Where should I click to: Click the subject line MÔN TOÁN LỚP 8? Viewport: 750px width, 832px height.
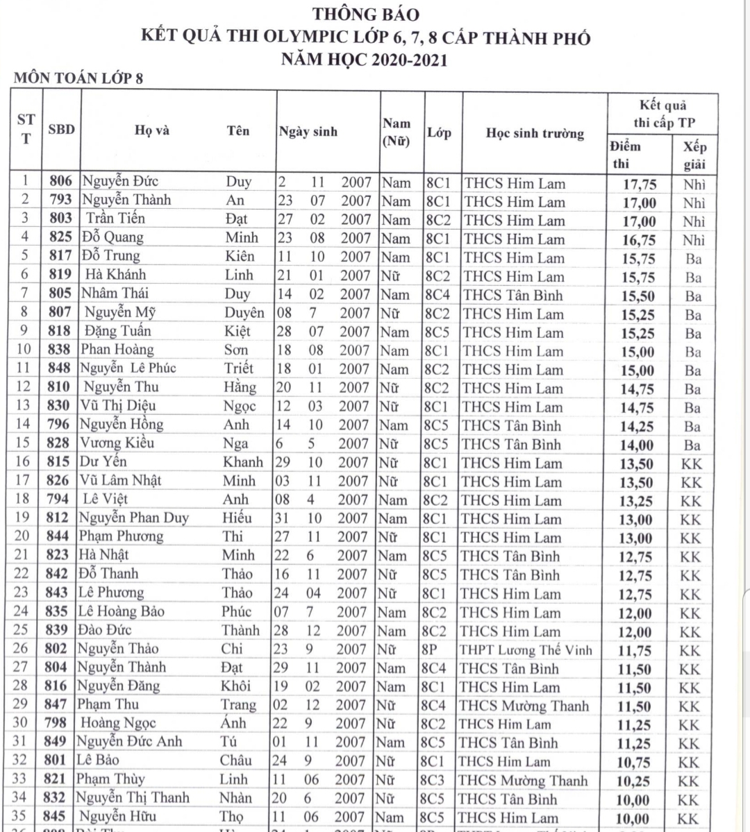click(78, 78)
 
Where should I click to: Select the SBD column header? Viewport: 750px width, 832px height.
click(61, 129)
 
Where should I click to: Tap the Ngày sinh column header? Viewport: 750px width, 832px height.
click(308, 131)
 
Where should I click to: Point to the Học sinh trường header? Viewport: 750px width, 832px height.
click(534, 133)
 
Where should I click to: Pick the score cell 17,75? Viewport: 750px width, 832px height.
click(637, 184)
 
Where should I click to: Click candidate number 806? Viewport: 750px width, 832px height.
click(60, 182)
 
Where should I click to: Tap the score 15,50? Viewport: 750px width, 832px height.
click(637, 296)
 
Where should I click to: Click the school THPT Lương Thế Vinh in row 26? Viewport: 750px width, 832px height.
click(526, 650)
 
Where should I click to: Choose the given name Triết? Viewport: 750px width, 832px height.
click(238, 368)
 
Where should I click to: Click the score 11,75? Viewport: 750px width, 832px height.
click(635, 651)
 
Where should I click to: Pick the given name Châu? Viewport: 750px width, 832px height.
click(235, 761)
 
